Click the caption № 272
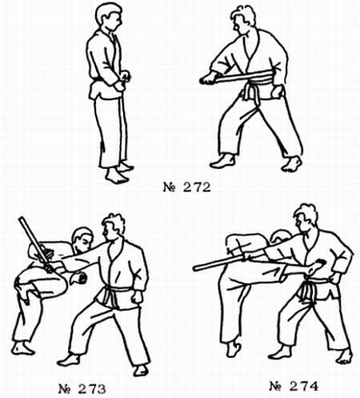(x=186, y=187)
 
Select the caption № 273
(x=82, y=389)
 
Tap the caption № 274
(x=294, y=386)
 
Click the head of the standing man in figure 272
(x=109, y=17)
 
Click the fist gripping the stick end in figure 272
(x=208, y=78)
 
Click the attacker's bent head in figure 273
(x=82, y=239)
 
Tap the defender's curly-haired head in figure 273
(x=114, y=227)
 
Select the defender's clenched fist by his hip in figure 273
(x=138, y=296)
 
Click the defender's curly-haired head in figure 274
(x=306, y=218)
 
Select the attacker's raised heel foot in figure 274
(x=234, y=348)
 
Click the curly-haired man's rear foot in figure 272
(x=292, y=164)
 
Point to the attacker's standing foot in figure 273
(x=22, y=348)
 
